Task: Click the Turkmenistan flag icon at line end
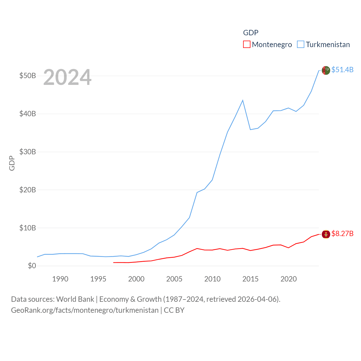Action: (326, 70)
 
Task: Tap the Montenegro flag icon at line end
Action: (326, 234)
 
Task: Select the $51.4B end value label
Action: (342, 70)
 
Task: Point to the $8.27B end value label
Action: (342, 234)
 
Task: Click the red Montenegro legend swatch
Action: (246, 45)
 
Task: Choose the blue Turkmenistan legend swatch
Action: (301, 45)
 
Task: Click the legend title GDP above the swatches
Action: (251, 33)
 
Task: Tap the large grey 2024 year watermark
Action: (67, 77)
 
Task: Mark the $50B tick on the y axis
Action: (28, 76)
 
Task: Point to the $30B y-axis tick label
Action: (28, 152)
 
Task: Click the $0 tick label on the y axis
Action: (32, 266)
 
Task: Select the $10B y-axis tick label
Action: (28, 228)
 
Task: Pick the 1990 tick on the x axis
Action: (60, 279)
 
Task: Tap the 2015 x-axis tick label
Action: (250, 279)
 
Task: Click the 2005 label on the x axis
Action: (174, 279)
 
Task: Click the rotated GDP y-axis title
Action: (12, 163)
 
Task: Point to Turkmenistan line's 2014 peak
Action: (243, 100)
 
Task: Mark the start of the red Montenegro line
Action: (113, 263)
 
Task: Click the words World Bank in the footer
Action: (75, 299)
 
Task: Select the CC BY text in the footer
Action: (174, 310)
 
